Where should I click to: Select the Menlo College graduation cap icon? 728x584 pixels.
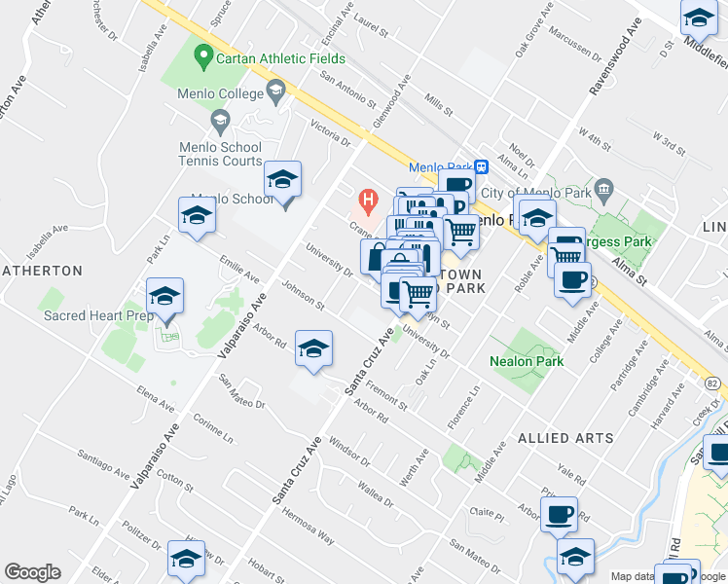(x=275, y=93)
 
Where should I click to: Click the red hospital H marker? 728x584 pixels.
(x=368, y=201)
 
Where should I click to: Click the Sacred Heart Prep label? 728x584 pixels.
(x=92, y=316)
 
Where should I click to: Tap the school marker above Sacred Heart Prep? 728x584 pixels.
(x=165, y=298)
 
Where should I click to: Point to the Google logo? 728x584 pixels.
(x=32, y=572)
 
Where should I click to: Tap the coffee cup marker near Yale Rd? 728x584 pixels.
(x=559, y=515)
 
